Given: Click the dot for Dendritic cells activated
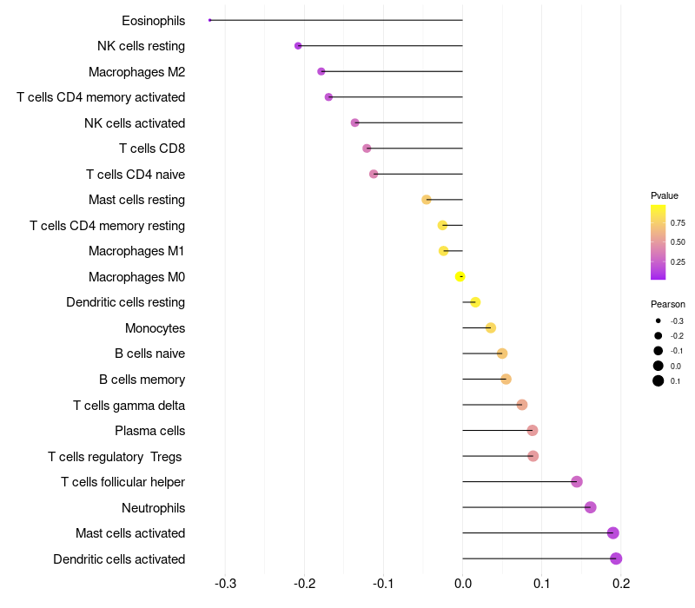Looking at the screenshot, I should coord(616,558).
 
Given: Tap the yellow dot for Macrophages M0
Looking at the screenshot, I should coord(460,276).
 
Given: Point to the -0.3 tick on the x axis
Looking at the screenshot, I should coord(225,583).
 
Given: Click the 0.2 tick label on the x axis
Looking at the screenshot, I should coord(621,583).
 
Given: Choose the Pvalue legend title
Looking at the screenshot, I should coord(665,195).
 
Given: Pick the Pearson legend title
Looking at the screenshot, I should coord(668,304).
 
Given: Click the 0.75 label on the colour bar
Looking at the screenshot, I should coord(678,222).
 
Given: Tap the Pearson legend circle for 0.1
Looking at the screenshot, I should coord(659,380).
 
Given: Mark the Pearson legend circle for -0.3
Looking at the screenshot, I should coord(659,321).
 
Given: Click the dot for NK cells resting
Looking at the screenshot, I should coord(298,45).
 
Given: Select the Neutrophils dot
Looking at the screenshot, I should coord(591,507).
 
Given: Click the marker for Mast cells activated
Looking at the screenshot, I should coord(613,532).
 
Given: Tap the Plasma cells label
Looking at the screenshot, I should coord(149,431).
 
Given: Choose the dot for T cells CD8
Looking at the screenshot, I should coord(367,149).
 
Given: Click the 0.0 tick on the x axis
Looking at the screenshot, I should coord(463,583).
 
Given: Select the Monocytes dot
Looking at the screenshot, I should coord(491,327).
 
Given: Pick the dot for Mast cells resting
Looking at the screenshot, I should coord(427,200).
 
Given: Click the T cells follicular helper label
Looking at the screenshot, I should coord(122,482).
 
